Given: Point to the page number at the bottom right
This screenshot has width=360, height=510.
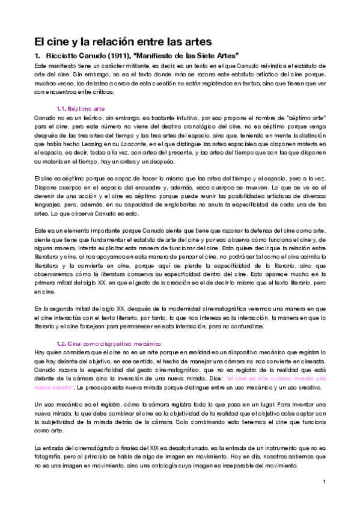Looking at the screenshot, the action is click(324, 482).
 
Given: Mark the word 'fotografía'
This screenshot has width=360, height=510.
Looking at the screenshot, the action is click(49, 459).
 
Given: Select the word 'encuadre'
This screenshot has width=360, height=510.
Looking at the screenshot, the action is click(148, 187).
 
